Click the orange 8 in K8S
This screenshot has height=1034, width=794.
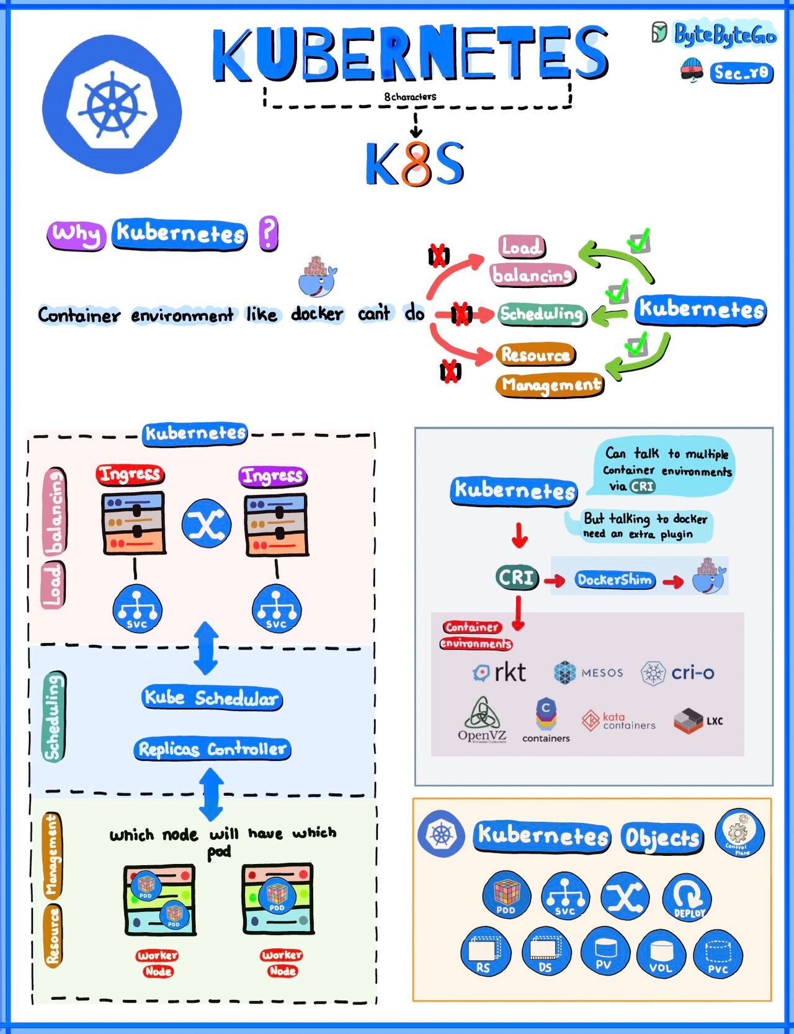[416, 164]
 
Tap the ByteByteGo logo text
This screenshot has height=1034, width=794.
[724, 35]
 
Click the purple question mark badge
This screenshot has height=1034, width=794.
[268, 233]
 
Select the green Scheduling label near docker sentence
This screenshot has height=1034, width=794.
[542, 314]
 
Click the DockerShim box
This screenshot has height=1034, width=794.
[614, 580]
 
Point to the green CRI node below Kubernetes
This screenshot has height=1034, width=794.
[517, 578]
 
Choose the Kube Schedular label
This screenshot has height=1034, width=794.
[212, 698]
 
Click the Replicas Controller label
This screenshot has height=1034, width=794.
[212, 749]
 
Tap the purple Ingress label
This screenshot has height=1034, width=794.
[273, 476]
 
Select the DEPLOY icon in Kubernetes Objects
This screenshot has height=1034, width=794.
[687, 898]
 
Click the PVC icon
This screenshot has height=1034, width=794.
[718, 955]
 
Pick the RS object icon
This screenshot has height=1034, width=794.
[485, 953]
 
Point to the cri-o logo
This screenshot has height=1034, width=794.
[677, 673]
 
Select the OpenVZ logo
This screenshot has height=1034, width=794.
[482, 720]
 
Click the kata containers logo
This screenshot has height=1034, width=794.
[618, 721]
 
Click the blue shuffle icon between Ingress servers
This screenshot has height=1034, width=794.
[207, 524]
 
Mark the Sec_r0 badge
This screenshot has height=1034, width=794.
[741, 73]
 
